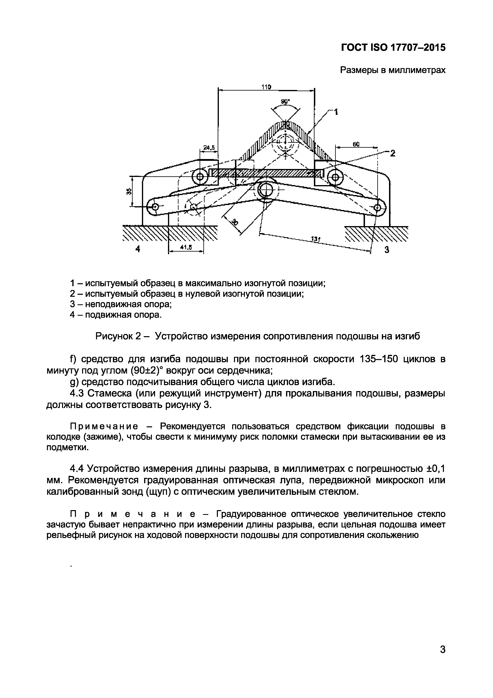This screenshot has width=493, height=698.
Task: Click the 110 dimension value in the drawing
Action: tap(266, 87)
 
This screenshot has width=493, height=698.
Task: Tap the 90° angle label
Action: tap(285, 102)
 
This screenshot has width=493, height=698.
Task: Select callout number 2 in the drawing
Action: tap(393, 153)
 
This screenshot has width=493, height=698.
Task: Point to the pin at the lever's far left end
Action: tap(155, 207)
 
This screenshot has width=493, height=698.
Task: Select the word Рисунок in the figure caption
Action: tap(114, 336)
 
